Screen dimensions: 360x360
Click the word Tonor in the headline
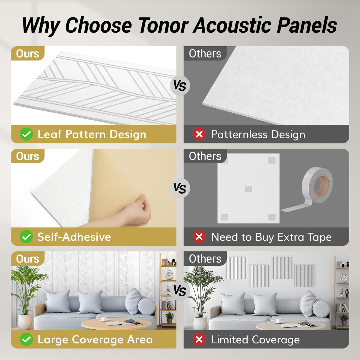pos(163,26)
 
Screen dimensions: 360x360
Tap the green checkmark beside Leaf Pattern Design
pos(26,134)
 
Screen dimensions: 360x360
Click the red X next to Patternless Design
pos(199,134)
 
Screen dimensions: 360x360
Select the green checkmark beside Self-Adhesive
pos(26,237)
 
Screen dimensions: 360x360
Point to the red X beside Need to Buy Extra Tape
pos(199,237)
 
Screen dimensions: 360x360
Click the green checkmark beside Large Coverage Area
pos(26,340)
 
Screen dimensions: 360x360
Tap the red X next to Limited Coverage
pos(199,340)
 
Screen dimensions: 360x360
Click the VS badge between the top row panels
pos(180,86)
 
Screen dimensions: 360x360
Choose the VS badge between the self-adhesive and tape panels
pos(180,188)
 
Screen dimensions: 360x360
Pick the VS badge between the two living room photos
pos(180,291)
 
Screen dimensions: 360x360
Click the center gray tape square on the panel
pos(249,189)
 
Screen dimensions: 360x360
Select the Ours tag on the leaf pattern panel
pos(28,54)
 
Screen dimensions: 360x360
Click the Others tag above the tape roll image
pos(205,156)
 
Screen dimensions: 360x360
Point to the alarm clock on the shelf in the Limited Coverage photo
pos(344,278)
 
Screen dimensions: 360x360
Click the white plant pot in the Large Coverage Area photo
pos(25,322)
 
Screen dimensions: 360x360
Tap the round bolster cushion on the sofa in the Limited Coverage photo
pos(321,308)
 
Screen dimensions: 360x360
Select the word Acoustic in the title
pos(232,26)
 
